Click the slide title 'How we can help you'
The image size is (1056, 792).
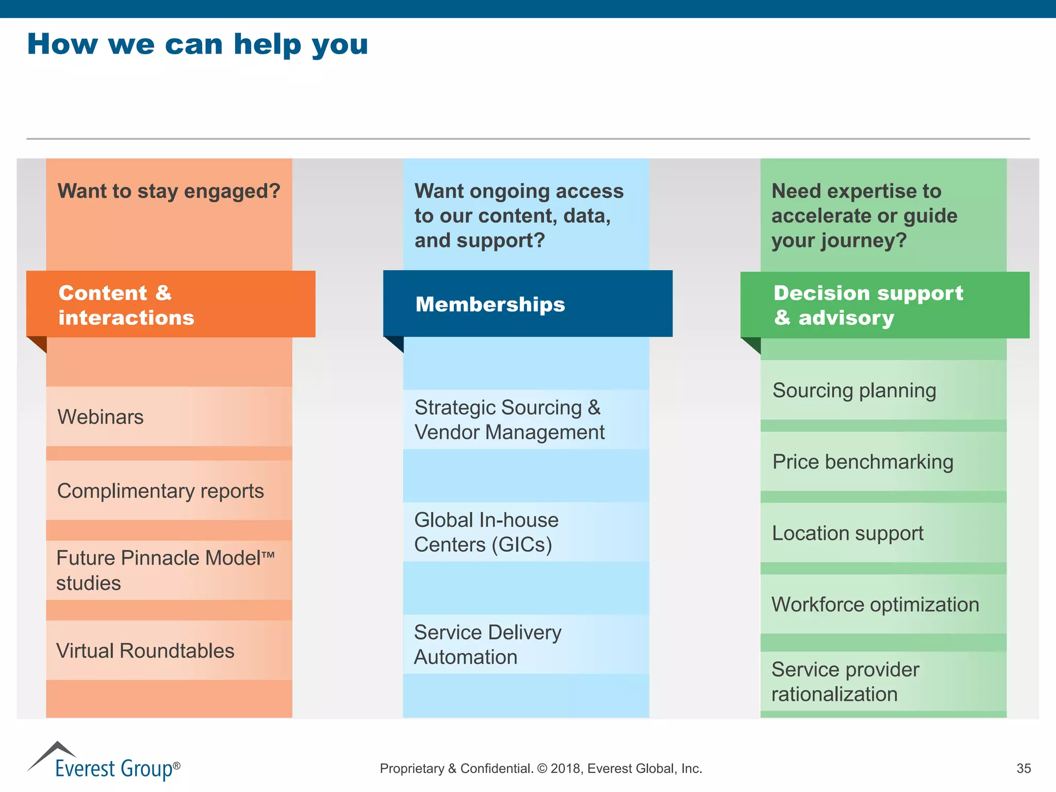pos(197,44)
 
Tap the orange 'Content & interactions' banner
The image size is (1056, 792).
pos(170,305)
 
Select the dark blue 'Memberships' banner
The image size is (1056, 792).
pos(527,304)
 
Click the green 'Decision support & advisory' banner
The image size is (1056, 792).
pos(884,305)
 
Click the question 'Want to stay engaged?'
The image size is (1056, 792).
pos(169,191)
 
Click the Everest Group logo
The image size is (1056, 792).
pos(104,762)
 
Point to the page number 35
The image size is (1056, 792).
pos(1024,769)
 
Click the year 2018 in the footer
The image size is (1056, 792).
pos(566,769)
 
